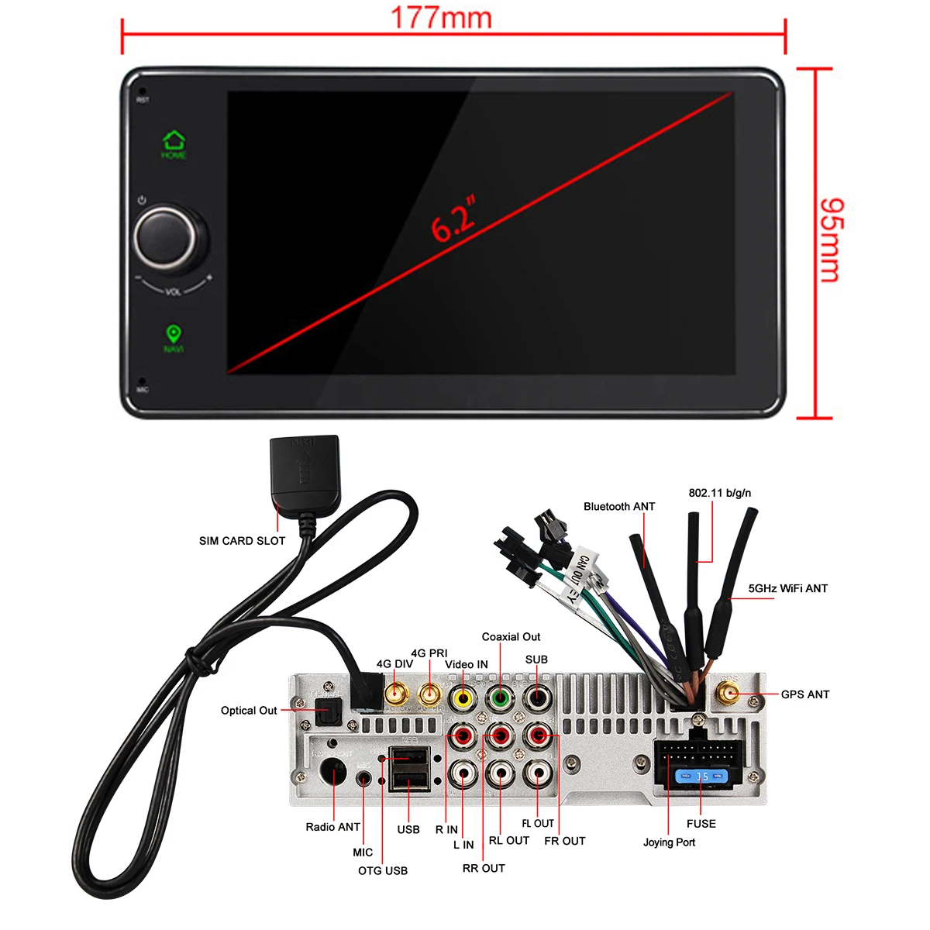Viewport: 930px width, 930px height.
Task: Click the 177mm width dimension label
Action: [440, 18]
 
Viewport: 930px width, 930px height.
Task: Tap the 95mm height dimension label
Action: [831, 240]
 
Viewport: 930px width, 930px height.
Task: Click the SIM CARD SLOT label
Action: [242, 541]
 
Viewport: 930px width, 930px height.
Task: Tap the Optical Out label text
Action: [249, 711]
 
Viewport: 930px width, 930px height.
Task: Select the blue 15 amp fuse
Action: [701, 776]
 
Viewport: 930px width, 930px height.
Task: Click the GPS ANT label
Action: [805, 694]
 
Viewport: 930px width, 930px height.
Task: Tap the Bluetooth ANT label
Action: [619, 507]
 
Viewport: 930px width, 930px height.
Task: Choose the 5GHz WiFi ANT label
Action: [787, 589]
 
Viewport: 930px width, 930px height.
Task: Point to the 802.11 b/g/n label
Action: [719, 493]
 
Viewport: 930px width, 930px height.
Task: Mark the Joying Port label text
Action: [669, 842]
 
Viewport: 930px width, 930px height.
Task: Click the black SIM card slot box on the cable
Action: [304, 468]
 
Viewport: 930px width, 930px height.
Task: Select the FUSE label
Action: [701, 824]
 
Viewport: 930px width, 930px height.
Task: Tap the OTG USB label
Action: [383, 871]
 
